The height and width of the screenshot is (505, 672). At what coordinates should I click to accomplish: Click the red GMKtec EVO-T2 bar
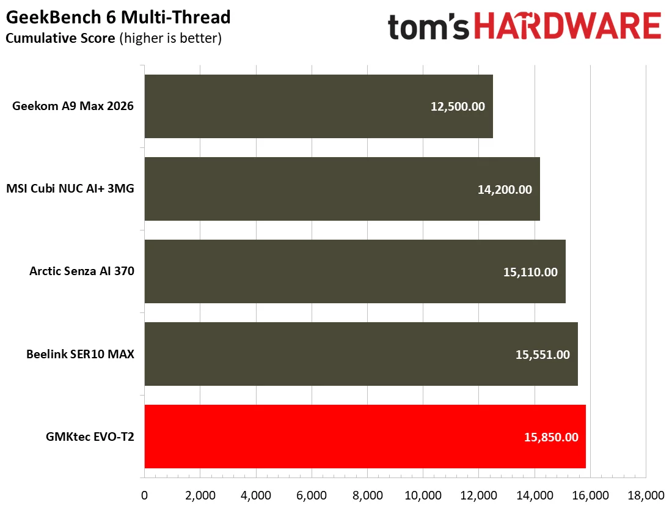[365, 437]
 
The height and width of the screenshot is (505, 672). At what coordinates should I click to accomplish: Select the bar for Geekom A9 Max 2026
[319, 106]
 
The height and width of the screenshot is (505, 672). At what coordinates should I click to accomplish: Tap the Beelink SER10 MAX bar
[361, 354]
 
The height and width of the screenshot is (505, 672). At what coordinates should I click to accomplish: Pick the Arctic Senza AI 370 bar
[356, 271]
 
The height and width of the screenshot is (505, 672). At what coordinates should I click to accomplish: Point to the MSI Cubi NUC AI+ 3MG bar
[343, 189]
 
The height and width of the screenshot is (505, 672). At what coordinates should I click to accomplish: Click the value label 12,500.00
[458, 106]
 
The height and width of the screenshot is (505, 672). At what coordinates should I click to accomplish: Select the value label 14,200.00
[505, 189]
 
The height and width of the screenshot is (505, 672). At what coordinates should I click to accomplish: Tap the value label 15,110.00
[530, 272]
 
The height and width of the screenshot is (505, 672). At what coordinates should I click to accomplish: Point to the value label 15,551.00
[542, 355]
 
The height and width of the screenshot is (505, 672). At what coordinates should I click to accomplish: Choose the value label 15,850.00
[551, 437]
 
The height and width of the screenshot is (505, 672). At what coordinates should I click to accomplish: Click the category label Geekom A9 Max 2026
[73, 106]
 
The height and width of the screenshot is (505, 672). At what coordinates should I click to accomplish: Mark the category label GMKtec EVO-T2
[90, 437]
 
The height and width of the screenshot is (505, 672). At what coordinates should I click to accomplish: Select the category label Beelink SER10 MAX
[80, 354]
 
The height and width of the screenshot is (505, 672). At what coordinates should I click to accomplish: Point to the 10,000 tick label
[423, 495]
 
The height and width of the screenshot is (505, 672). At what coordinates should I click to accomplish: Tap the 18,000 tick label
[646, 495]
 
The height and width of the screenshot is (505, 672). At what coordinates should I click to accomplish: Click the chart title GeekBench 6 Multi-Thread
[119, 17]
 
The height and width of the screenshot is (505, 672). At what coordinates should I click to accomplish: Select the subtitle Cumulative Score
[60, 38]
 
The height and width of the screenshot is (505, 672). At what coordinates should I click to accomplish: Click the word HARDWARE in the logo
[568, 26]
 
